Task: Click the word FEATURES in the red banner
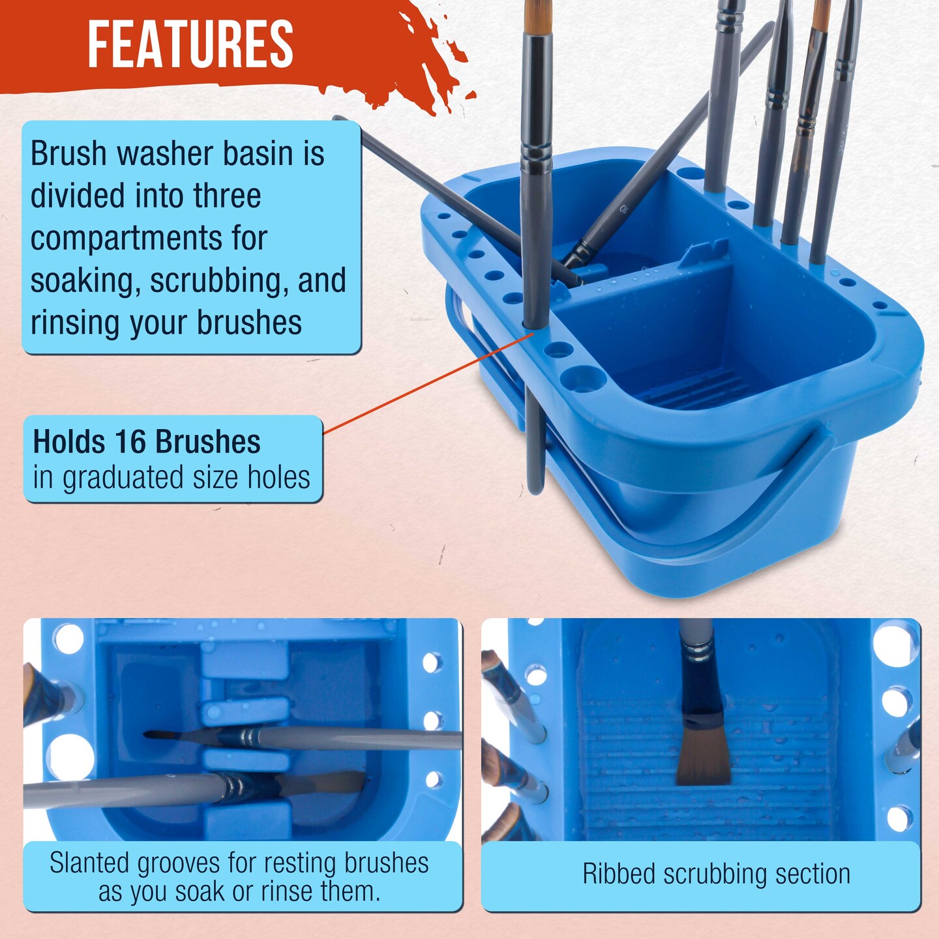click(190, 44)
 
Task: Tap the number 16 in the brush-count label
click(130, 442)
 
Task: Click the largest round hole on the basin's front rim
click(583, 378)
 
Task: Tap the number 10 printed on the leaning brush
click(625, 209)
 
